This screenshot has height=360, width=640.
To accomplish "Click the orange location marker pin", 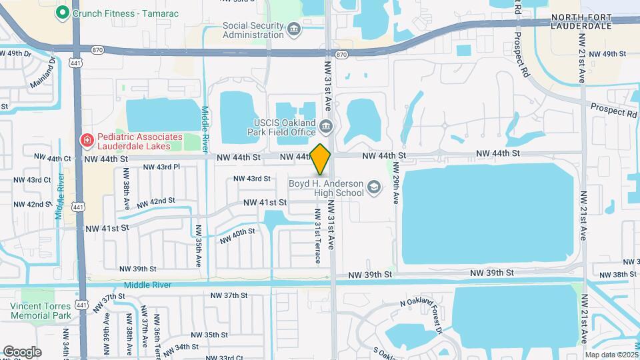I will pyautogui.click(x=321, y=159).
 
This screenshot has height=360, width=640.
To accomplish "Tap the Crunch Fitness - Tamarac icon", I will pyautogui.click(x=63, y=12).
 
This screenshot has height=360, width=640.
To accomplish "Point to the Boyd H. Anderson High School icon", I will pyautogui.click(x=374, y=188).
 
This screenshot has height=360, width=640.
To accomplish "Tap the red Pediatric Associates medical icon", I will pyautogui.click(x=86, y=140).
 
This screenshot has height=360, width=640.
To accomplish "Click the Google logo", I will pyautogui.click(x=22, y=351).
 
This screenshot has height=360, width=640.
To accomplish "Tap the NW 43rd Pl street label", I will pyautogui.click(x=161, y=167).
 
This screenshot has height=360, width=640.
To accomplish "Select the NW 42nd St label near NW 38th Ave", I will pyautogui.click(x=153, y=201).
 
